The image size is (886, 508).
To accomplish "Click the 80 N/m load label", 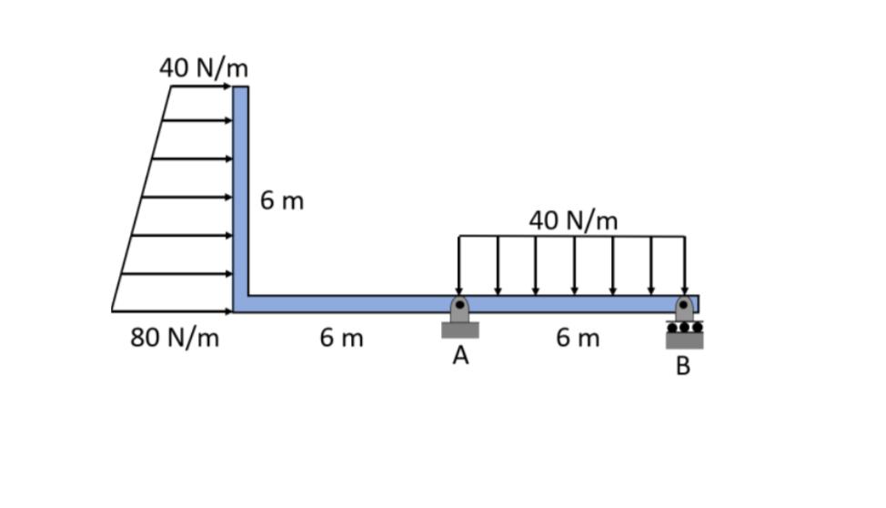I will point(175,338).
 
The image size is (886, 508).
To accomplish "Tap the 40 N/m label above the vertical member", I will point(204,68).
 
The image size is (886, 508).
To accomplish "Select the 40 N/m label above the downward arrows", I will point(573,220).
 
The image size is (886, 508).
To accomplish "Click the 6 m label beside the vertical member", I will point(282,200).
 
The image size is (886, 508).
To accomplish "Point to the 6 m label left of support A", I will point(341,338).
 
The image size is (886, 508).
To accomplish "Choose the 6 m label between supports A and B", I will point(578,338).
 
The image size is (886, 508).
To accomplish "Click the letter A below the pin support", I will point(460,356).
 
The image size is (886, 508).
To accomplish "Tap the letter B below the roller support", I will point(683,366).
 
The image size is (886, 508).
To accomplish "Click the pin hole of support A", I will point(460,305).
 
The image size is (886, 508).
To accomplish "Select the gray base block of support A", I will point(460,330).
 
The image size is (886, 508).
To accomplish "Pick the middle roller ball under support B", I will point(684,326).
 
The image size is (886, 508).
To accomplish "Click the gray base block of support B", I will point(684,340).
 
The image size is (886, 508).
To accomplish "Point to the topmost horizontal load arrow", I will point(200,87).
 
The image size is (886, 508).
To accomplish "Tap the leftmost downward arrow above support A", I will point(459,264).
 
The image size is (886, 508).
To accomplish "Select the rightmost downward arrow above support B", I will point(684,264).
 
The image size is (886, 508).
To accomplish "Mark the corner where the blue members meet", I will point(240,303).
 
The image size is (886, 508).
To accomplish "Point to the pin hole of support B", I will point(684,305).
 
